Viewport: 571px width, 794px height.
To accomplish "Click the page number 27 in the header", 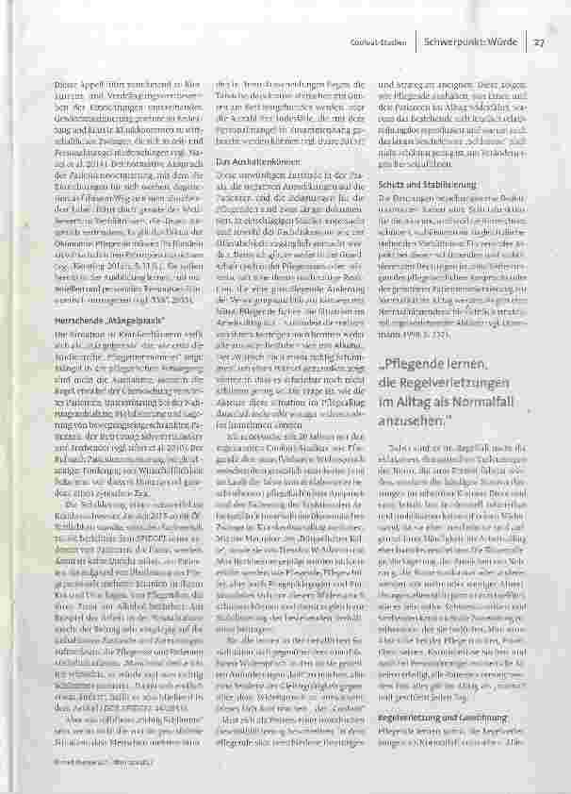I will click(x=542, y=41).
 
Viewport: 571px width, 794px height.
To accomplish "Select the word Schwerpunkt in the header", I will click(x=454, y=41).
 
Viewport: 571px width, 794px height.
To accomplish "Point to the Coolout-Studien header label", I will click(x=385, y=41).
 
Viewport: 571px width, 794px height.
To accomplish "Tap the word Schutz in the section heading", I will click(x=392, y=183).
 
